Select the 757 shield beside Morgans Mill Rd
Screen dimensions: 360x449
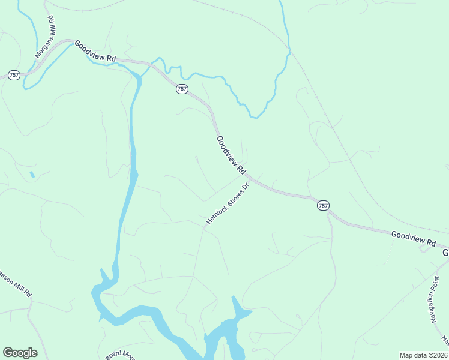pos(14,75)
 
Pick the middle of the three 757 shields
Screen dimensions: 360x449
pos(182,89)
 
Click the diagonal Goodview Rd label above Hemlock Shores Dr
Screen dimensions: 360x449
pos(231,155)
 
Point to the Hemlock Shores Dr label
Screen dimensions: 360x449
pos(228,204)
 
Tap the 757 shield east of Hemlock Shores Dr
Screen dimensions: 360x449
pos(323,205)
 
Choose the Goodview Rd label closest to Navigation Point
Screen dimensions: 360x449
pos(414,238)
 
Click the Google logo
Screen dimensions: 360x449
pos(20,353)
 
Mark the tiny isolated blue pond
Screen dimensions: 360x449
pos(31,175)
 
